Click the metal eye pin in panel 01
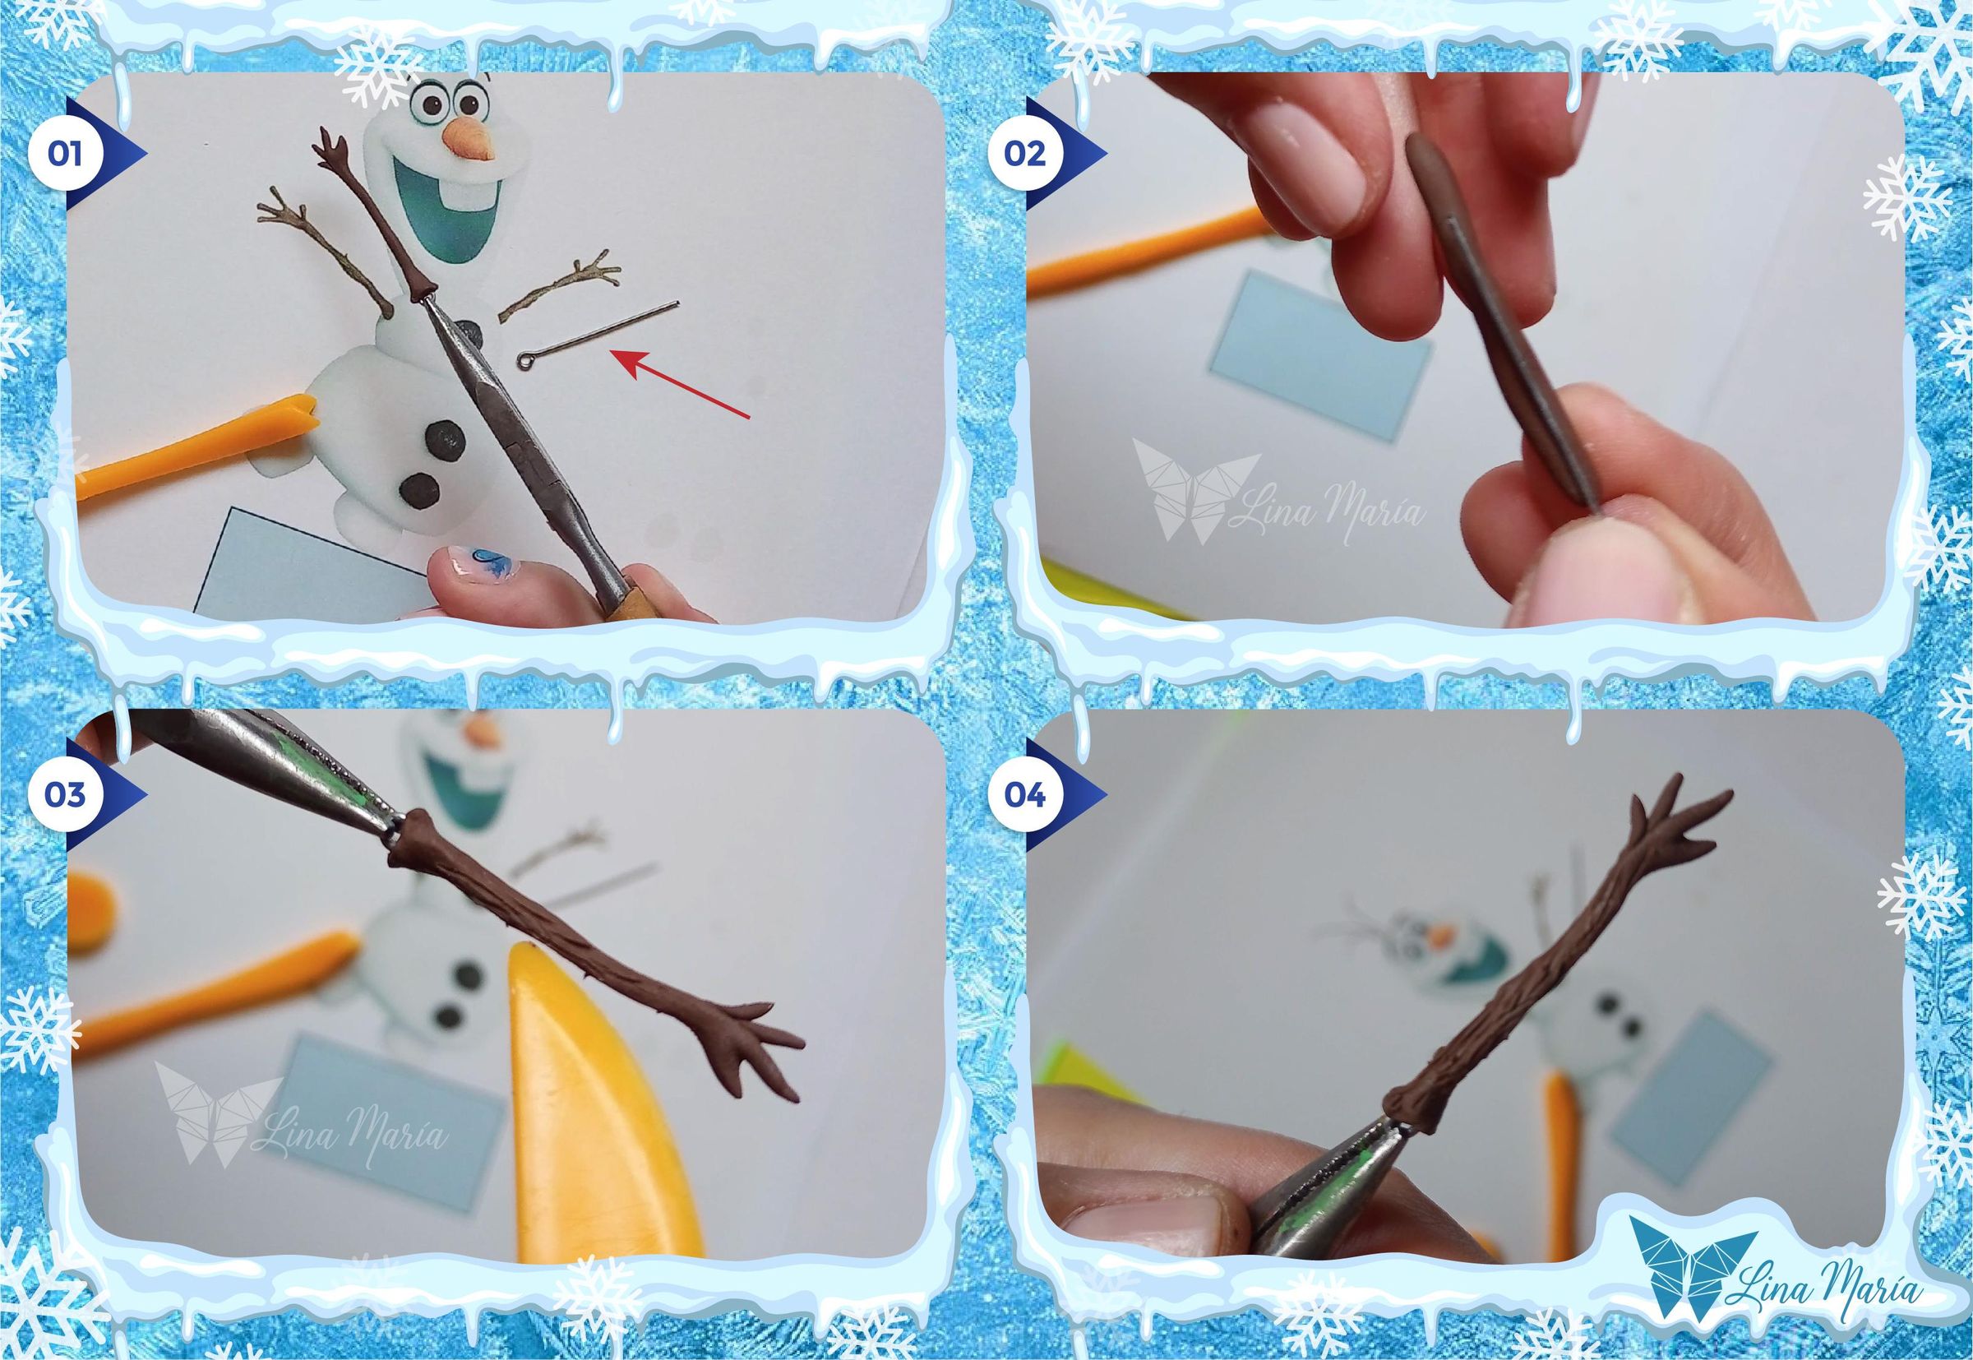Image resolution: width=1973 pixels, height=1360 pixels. click(x=596, y=334)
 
